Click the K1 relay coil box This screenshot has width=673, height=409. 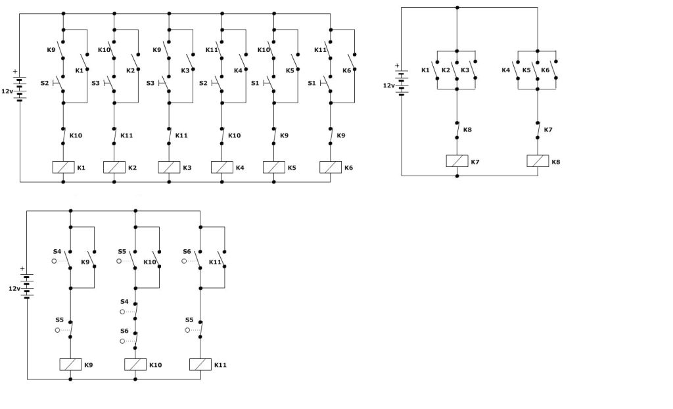(x=63, y=168)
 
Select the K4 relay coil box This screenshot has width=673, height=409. (x=222, y=168)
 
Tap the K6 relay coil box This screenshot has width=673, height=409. (x=331, y=168)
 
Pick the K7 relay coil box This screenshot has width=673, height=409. (x=457, y=161)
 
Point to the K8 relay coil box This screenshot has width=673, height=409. (x=538, y=161)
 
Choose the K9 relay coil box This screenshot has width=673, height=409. (x=70, y=365)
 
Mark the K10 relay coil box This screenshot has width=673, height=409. (x=135, y=365)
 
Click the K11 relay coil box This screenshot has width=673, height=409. (x=200, y=365)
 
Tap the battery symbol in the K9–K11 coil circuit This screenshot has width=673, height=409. (x=26, y=285)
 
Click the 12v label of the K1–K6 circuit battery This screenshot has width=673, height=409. (x=7, y=91)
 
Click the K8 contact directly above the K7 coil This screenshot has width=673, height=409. (x=457, y=130)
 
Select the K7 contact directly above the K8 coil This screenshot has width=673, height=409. (x=538, y=130)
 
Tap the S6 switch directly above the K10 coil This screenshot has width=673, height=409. (x=130, y=340)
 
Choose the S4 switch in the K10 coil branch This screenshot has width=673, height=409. (x=130, y=311)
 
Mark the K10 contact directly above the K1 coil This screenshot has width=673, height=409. (x=64, y=135)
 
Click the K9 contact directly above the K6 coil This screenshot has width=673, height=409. (x=331, y=135)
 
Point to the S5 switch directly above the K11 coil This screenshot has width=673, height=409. (x=195, y=329)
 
